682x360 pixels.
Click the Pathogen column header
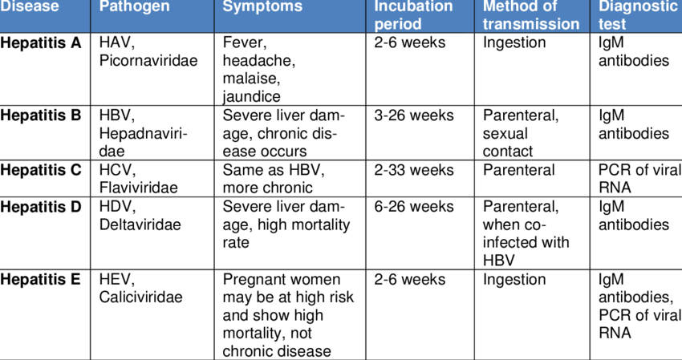coord(134,7)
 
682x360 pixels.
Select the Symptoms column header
coord(262,7)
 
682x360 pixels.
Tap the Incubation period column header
coord(413,15)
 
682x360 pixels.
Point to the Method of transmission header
coord(530,15)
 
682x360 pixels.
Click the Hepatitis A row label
coord(41,43)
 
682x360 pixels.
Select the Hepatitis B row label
coord(41,115)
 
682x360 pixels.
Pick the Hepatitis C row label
coord(41,170)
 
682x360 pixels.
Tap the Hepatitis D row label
coord(41,207)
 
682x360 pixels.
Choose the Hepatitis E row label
coord(41,280)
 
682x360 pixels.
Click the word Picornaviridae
coord(148,61)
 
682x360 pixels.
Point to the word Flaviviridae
coord(138,188)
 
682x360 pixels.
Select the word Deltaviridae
coord(140,224)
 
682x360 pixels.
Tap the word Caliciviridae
coord(140,297)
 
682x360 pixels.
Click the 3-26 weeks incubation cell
coord(414,115)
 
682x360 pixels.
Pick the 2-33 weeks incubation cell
coord(414,170)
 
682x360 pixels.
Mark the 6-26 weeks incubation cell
coord(414,207)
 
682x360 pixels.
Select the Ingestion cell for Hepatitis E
coord(514,280)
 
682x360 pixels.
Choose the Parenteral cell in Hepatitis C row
coord(518,170)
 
